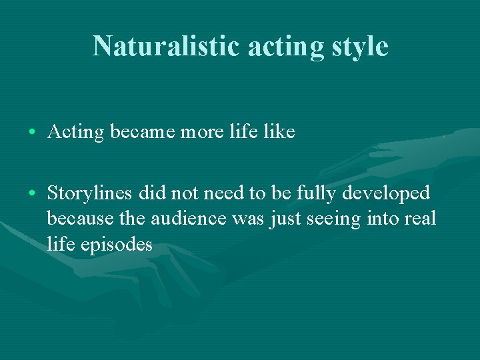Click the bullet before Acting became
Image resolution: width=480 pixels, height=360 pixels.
pyautogui.click(x=33, y=132)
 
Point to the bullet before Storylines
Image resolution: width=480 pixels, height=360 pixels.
pyautogui.click(x=33, y=193)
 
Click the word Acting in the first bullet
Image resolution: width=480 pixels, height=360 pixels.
pyautogui.click(x=76, y=132)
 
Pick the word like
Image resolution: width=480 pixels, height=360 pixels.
pyautogui.click(x=279, y=132)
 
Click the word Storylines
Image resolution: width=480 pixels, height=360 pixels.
pyautogui.click(x=91, y=193)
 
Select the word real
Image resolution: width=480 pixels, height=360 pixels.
pyautogui.click(x=421, y=219)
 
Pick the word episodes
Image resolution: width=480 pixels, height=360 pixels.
pyautogui.click(x=118, y=244)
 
